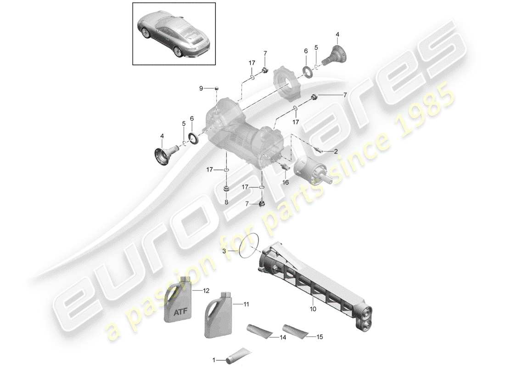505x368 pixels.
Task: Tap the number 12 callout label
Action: (206, 291)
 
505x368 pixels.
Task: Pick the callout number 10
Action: (313, 309)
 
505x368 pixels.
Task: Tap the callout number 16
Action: (286, 183)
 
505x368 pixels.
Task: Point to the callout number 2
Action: (336, 151)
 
